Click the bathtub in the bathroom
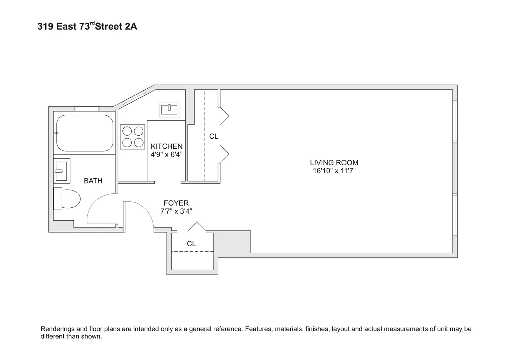(x=85, y=133)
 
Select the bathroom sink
(x=62, y=171)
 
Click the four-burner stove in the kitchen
(x=132, y=137)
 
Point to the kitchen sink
(x=169, y=110)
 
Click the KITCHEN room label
(x=167, y=147)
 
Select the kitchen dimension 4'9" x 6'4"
(x=167, y=154)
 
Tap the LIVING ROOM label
(x=334, y=163)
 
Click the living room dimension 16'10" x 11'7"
(x=334, y=171)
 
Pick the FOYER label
(x=176, y=203)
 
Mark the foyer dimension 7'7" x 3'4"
(x=176, y=211)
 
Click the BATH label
(x=93, y=181)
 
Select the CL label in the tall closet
(x=214, y=136)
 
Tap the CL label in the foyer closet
(x=191, y=244)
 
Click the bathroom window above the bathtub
(x=87, y=109)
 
